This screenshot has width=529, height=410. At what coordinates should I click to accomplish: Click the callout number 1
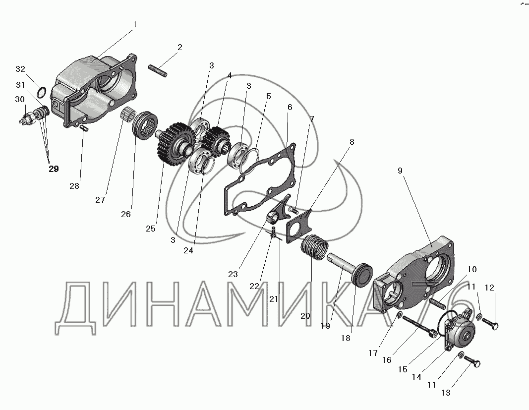[135, 25]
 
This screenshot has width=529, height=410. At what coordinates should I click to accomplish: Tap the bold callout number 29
[54, 169]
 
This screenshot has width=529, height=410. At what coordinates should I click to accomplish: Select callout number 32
[20, 69]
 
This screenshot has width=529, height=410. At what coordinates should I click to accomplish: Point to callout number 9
[400, 171]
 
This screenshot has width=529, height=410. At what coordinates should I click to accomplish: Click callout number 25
[150, 229]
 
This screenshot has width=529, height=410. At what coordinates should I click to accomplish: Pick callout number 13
[446, 393]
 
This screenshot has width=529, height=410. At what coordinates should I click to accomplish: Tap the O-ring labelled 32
[41, 91]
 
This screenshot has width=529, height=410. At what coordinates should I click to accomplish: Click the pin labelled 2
[158, 70]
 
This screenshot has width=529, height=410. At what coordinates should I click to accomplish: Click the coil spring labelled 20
[314, 247]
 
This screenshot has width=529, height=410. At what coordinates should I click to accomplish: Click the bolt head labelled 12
[495, 326]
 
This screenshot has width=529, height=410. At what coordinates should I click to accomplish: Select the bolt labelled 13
[472, 361]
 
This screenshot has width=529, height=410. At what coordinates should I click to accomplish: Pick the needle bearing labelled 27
[128, 115]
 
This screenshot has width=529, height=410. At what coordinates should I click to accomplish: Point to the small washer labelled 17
[399, 315]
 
